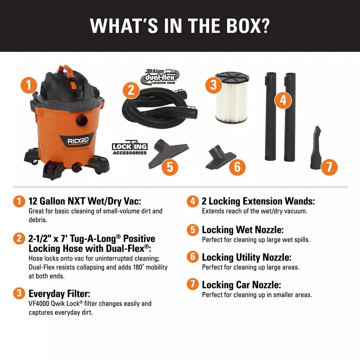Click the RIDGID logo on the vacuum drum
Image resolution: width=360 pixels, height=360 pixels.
(x=78, y=140)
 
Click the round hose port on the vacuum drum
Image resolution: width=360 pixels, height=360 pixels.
(x=82, y=120)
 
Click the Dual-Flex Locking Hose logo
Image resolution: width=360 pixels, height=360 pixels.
(x=160, y=77)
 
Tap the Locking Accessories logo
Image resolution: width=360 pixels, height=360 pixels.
(x=130, y=147)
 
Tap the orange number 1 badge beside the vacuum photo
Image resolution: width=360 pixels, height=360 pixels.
(x=29, y=85)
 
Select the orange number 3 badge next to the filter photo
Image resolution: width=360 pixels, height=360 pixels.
(x=213, y=85)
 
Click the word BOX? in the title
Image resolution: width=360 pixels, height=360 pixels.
(x=248, y=26)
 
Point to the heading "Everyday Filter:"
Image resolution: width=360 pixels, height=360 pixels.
(x=59, y=294)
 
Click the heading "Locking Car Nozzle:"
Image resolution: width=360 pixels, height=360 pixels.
(x=241, y=285)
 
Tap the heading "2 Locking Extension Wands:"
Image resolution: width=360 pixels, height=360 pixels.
(x=258, y=201)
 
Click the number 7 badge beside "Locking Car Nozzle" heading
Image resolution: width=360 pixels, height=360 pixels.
(x=193, y=284)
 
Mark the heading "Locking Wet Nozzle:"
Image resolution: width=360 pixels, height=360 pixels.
(x=243, y=230)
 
